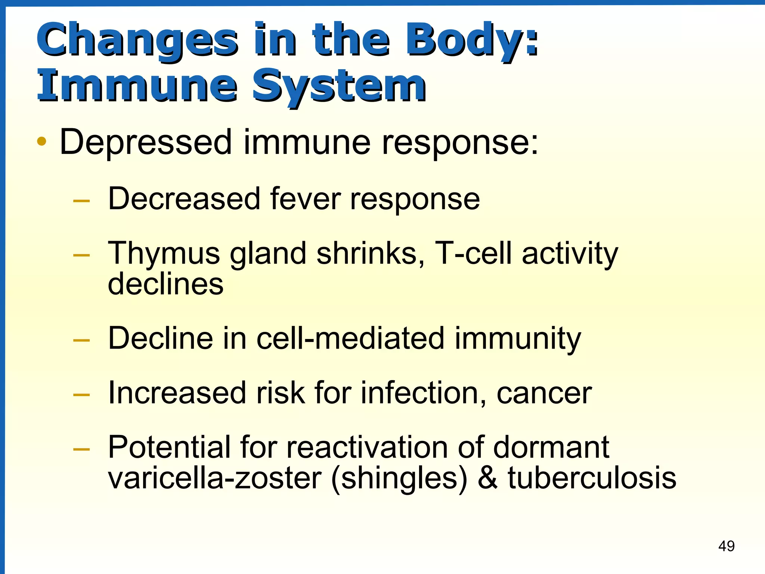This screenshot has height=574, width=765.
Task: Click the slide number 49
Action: click(726, 546)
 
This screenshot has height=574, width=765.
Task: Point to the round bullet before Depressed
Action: click(42, 142)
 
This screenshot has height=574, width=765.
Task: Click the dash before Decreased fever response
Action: click(82, 201)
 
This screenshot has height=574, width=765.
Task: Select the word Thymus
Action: click(164, 254)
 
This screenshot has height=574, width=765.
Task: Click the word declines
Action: click(165, 284)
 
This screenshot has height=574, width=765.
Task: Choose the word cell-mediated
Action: click(350, 338)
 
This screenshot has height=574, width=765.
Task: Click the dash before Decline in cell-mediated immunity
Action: click(82, 340)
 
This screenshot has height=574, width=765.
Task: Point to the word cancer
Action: click(544, 393)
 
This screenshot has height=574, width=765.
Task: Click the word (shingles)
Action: click(399, 478)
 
